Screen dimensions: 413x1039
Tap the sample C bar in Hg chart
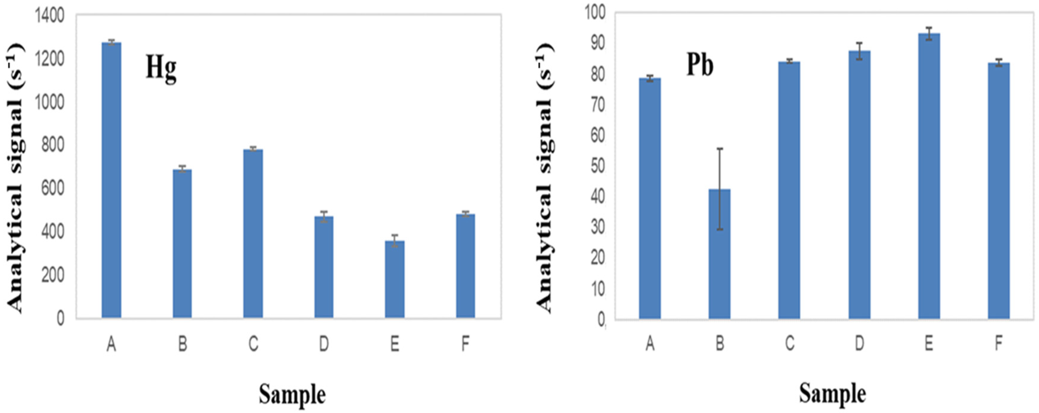[253, 234]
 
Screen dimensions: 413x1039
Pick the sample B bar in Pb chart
[720, 254]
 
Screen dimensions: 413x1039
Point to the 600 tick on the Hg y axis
[53, 189]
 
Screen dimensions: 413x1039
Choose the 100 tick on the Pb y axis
[595, 13]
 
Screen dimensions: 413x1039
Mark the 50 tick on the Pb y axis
[598, 166]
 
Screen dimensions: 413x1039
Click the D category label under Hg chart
[324, 344]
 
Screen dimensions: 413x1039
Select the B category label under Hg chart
[182, 344]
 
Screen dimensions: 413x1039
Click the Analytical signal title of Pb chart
[545, 177]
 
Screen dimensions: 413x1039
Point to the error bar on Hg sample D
[324, 216]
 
